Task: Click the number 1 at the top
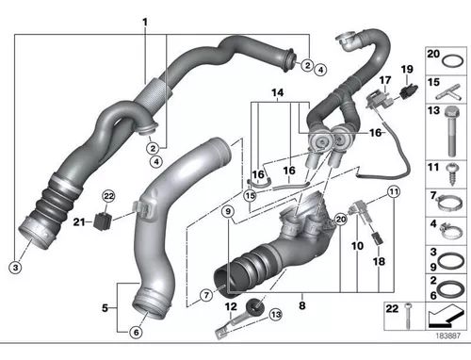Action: pyautogui.click(x=145, y=23)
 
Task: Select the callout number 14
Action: pyautogui.click(x=278, y=92)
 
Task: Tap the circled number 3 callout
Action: pyautogui.click(x=15, y=268)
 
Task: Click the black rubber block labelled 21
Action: pyautogui.click(x=103, y=221)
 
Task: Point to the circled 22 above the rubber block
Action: pyautogui.click(x=108, y=197)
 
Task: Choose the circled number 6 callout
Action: pyautogui.click(x=136, y=332)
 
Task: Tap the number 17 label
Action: pyautogui.click(x=385, y=81)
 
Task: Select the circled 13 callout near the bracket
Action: pyautogui.click(x=276, y=315)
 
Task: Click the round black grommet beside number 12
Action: pyautogui.click(x=254, y=306)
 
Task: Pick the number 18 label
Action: pyautogui.click(x=379, y=261)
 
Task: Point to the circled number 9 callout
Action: pyautogui.click(x=228, y=211)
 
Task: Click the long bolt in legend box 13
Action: pyautogui.click(x=452, y=131)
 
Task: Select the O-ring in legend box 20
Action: pyautogui.click(x=452, y=61)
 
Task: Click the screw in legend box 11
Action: pyautogui.click(x=451, y=173)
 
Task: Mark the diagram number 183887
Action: pyautogui.click(x=448, y=335)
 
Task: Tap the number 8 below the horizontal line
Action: pyautogui.click(x=302, y=305)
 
